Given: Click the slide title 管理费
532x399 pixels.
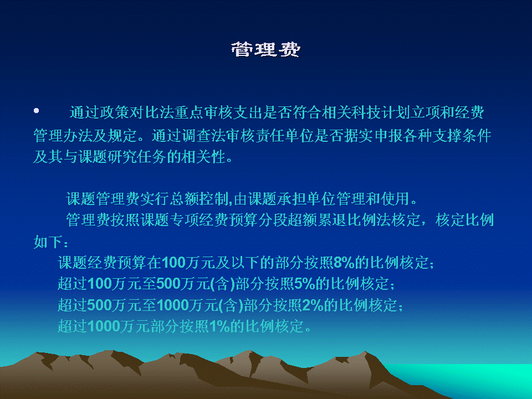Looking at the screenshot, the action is click(x=265, y=49).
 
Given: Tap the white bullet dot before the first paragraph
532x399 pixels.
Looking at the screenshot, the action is click(x=37, y=111).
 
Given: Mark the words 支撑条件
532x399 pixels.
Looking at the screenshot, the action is click(x=462, y=136).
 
